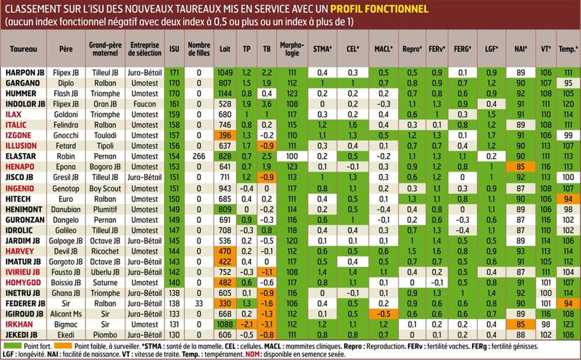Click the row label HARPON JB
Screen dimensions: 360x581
(24, 73)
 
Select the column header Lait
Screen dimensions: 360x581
(225, 49)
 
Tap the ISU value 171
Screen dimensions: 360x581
(174, 73)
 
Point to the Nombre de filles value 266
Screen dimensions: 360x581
(199, 156)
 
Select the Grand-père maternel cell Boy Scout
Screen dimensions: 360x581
(104, 189)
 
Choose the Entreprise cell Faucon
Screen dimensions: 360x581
(144, 104)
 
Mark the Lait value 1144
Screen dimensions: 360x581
(225, 94)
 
